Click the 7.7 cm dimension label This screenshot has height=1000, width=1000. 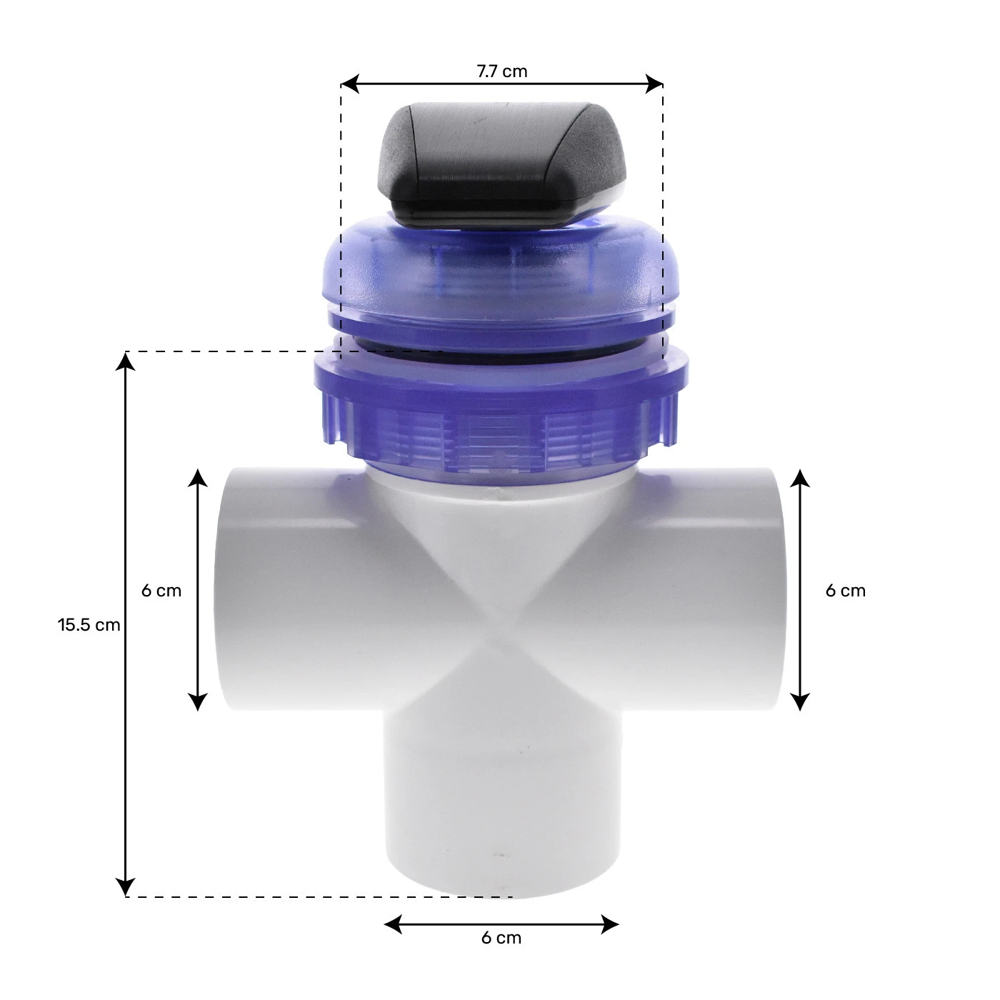tap(502, 71)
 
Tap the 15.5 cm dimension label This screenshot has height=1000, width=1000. tap(89, 624)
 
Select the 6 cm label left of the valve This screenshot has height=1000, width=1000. tap(161, 591)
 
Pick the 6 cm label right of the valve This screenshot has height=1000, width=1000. tap(845, 591)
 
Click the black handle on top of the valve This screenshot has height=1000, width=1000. tap(501, 165)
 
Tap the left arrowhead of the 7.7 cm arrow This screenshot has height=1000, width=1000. tap(350, 84)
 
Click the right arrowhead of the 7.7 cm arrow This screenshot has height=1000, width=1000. tap(654, 84)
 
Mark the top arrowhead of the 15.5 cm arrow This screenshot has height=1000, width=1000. tap(126, 361)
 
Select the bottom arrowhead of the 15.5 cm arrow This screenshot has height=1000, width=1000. tap(126, 887)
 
